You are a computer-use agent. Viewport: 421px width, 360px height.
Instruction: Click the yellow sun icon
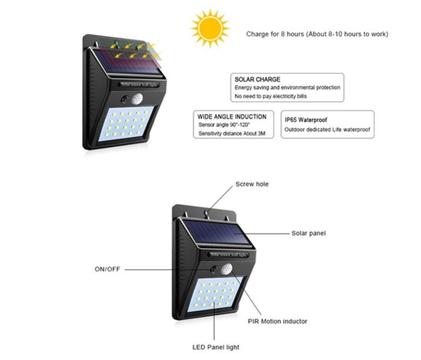pyautogui.click(x=210, y=28)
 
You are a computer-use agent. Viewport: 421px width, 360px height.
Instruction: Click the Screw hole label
pyautogui.click(x=252, y=184)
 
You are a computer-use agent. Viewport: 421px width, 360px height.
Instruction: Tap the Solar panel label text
pyautogui.click(x=308, y=233)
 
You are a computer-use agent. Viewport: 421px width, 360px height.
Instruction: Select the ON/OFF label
pyautogui.click(x=107, y=270)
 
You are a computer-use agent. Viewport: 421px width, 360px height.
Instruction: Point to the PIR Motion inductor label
pyautogui.click(x=277, y=321)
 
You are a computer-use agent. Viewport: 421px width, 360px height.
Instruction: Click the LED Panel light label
pyautogui.click(x=216, y=347)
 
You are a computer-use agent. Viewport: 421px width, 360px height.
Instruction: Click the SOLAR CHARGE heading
pyautogui.click(x=257, y=80)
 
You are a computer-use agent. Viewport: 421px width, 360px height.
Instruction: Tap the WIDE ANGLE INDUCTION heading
pyautogui.click(x=232, y=117)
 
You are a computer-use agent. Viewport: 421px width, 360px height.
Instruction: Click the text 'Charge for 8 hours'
pyautogui.click(x=275, y=34)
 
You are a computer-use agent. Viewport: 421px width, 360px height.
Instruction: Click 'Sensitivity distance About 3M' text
pyautogui.click(x=229, y=134)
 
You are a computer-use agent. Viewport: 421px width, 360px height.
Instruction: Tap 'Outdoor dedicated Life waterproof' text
pyautogui.click(x=327, y=130)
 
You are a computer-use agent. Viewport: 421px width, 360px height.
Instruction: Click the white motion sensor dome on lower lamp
pyautogui.click(x=228, y=269)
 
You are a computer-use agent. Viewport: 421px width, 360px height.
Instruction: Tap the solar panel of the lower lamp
pyautogui.click(x=217, y=232)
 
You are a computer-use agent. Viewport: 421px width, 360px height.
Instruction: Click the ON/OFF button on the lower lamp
pyautogui.click(x=214, y=270)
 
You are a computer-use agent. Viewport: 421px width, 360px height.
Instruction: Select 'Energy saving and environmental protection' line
pyautogui.click(x=287, y=88)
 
